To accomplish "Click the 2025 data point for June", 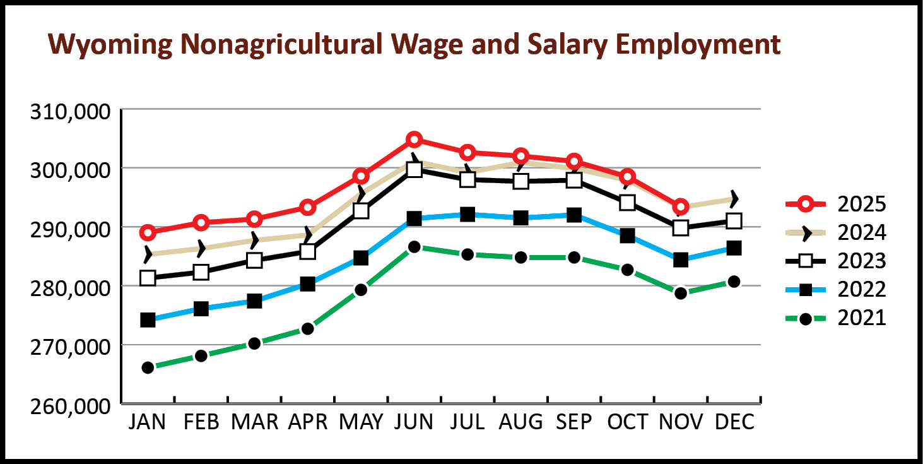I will pos(414,140).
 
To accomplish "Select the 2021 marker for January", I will pos(148,367).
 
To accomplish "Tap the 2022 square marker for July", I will pos(467,215).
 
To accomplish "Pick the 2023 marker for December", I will pos(734,221).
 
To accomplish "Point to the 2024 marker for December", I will pos(734,199).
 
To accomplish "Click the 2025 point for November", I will pos(681,207).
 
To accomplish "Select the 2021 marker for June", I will pos(414,247).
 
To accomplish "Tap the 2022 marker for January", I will pos(148,320).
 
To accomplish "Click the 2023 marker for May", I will pos(361,211).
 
